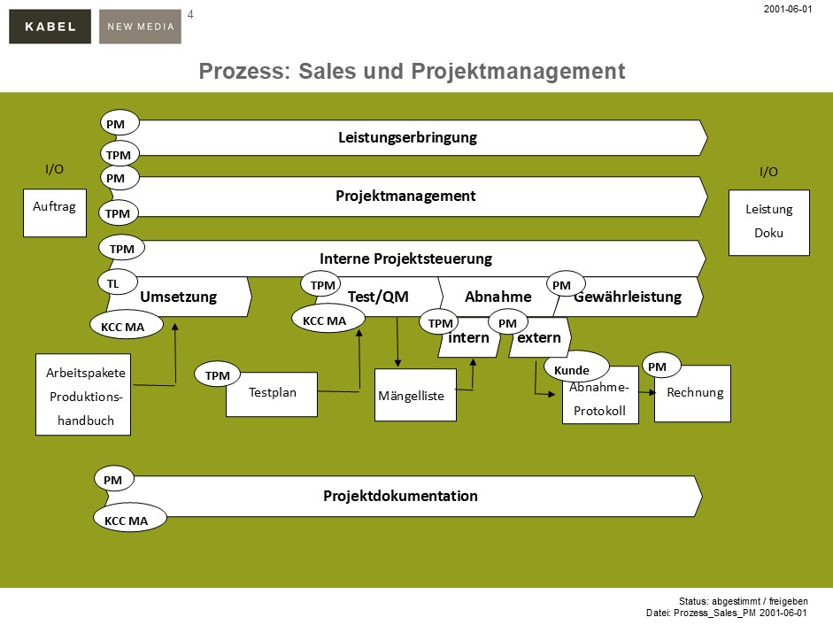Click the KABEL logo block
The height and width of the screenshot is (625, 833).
coord(50,27)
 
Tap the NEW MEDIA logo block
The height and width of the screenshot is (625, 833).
coord(140,27)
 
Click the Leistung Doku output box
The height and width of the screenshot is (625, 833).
coord(768,223)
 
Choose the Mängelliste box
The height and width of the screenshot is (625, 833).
coord(415,396)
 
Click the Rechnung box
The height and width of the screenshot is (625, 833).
coord(694,393)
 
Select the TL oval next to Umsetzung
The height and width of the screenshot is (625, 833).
coord(114,282)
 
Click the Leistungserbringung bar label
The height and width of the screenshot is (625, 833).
coord(407,137)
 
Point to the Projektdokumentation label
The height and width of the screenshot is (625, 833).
coord(400,496)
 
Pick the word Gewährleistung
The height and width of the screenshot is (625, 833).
coord(628,297)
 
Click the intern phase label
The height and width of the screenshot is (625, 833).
coord(468,338)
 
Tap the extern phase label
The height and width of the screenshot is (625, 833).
coord(538,338)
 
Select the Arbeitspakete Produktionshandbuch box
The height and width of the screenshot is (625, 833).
coord(83,396)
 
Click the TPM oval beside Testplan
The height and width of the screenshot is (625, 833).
coord(217,375)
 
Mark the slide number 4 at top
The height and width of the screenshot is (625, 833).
coord(190,14)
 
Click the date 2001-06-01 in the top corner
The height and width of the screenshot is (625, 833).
coord(787,8)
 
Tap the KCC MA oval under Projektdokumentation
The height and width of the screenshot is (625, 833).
coord(127,521)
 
